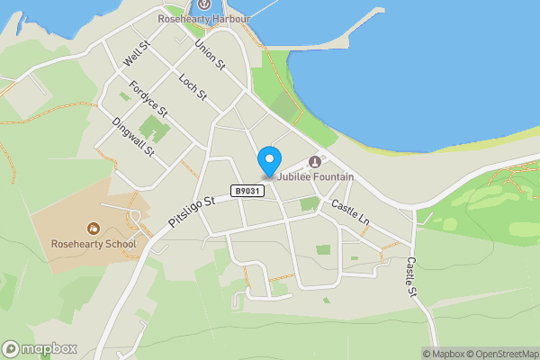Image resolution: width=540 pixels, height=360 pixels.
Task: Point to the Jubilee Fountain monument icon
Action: pyautogui.click(x=314, y=162)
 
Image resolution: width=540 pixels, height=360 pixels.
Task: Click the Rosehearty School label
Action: pyautogui.click(x=94, y=244)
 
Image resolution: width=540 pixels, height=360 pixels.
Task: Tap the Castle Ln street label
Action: pyautogui.click(x=350, y=212)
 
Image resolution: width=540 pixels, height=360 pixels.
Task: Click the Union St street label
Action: pyautogui.click(x=209, y=56)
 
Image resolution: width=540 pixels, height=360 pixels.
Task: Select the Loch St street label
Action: pyautogui.click(x=193, y=85)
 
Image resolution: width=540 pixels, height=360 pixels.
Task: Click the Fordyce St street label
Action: pyautogui.click(x=148, y=100)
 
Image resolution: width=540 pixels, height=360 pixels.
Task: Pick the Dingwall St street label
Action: pyautogui.click(x=134, y=138)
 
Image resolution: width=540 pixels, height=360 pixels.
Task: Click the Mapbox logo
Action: pyautogui.click(x=40, y=348)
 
